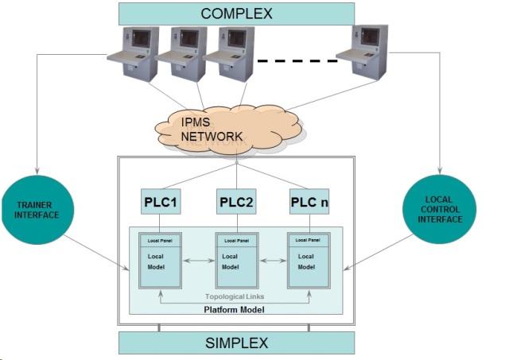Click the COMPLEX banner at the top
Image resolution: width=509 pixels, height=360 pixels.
[236, 14]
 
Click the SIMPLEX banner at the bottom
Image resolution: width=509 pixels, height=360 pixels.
[236, 343]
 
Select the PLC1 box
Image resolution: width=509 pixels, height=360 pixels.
[161, 203]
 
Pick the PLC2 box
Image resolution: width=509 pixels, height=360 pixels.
[235, 203]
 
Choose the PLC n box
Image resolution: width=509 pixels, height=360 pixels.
[309, 203]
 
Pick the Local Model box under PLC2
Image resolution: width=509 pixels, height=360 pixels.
[235, 266]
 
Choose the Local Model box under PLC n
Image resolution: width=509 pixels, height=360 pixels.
[309, 266]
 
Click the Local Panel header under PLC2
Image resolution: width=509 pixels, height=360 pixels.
[235, 240]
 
